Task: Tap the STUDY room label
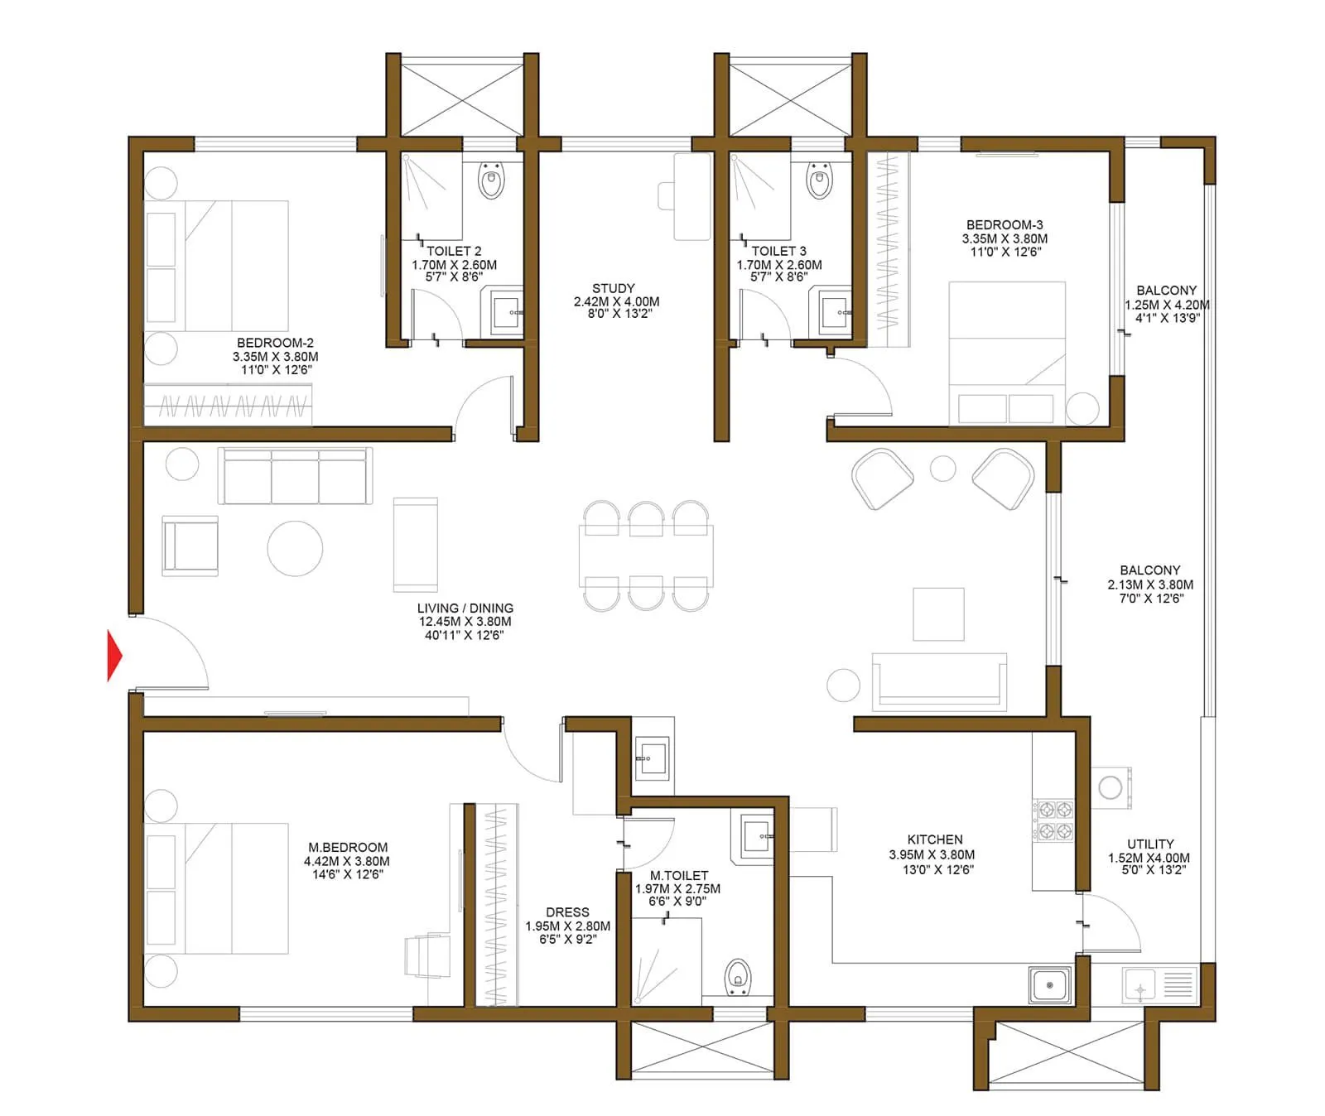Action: coord(614,289)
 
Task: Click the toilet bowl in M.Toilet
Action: coord(737,977)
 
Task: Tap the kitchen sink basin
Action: coord(1050,985)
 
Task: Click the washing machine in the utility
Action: coord(1110,787)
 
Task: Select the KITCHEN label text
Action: coord(935,839)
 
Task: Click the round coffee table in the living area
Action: coord(295,548)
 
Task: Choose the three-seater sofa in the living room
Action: coord(295,476)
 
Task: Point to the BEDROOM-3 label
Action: coord(1005,225)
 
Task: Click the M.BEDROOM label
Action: coord(348,848)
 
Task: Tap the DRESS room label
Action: coord(567,912)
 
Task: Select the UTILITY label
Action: coord(1149,844)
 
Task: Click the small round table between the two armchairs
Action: coord(943,469)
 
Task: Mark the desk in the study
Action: coord(691,197)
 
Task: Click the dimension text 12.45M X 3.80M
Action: coord(465,622)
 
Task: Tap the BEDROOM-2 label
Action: coord(275,343)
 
